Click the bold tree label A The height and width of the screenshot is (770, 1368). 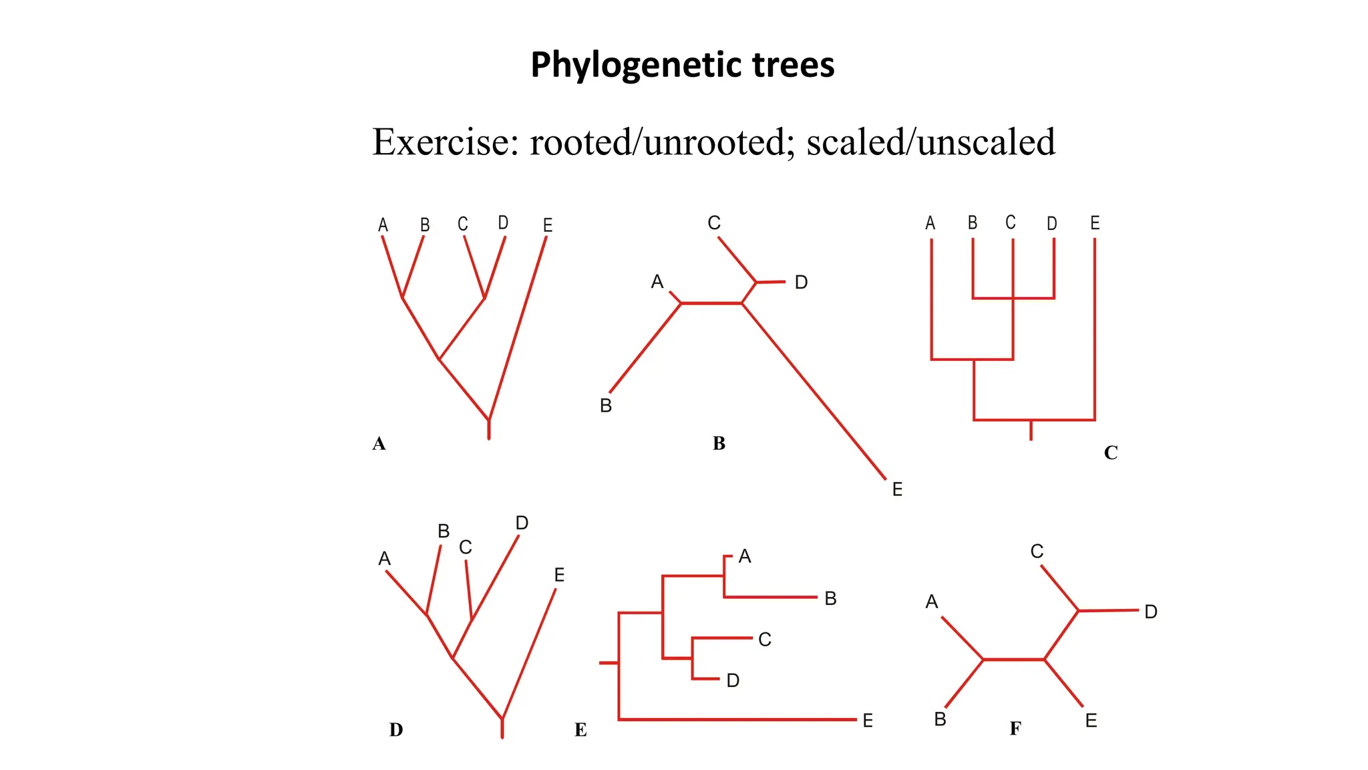coord(379,444)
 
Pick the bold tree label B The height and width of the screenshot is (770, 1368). coord(719,443)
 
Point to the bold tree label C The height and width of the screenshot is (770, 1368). coord(1110,453)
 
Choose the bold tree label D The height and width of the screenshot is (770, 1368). coord(396,729)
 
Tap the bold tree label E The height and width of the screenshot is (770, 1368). coord(580,730)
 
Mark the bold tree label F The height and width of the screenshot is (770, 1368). coord(1015,729)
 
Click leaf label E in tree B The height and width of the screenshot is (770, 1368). coord(897,489)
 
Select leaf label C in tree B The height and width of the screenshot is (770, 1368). coord(714,223)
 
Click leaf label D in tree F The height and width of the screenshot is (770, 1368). coord(1150,612)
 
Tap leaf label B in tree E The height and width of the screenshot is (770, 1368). coord(830,598)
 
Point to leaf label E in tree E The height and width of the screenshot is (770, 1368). coord(868,721)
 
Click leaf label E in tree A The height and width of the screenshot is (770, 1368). coord(548,225)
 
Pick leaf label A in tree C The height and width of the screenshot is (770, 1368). coord(930,223)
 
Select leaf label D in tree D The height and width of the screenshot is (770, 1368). coord(522,523)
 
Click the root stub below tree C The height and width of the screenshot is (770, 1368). coord(1031,430)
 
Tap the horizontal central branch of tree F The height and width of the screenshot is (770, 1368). coord(1013,660)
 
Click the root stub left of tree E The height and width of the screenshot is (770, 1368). coord(609,662)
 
